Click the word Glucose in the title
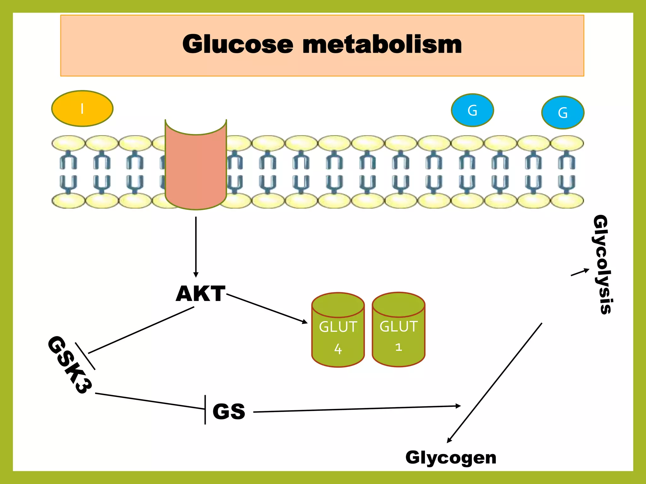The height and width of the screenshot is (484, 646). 238,44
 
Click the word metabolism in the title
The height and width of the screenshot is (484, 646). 382,44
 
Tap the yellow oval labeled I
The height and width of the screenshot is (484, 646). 82,109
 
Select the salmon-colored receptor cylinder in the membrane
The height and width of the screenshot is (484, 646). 196,167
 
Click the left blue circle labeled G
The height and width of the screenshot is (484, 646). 472,110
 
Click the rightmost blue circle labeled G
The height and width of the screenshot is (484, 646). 563,112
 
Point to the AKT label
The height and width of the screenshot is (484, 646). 201,294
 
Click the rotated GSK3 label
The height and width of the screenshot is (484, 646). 70,365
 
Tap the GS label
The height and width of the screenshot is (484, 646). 229,411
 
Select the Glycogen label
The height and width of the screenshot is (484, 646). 451,458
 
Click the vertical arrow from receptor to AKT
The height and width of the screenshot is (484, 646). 196,246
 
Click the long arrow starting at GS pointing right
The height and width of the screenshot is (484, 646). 356,409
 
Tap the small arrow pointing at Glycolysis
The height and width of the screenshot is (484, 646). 580,272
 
